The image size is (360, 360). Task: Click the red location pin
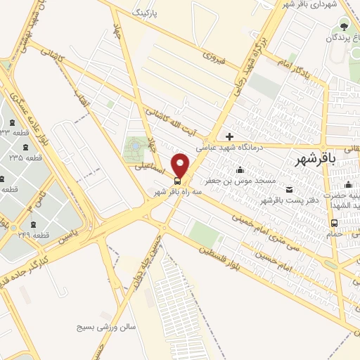tap(181, 165)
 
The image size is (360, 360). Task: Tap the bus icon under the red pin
tap(176, 179)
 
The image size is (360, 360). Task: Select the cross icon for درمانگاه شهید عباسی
tap(229, 136)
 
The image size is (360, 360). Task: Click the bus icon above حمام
tap(334, 224)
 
